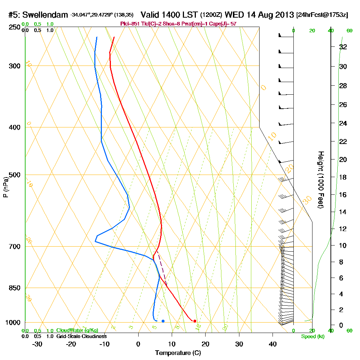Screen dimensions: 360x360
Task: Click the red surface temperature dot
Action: tap(195, 321)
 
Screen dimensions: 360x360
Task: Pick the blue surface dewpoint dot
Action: tap(163, 321)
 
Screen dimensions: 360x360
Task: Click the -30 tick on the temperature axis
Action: tap(37, 344)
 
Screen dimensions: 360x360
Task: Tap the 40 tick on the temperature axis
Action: tap(273, 344)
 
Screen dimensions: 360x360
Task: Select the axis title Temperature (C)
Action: tap(177, 353)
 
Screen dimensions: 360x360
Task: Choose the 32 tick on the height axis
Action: tap(343, 47)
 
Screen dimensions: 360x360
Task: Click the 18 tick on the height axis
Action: tap(343, 177)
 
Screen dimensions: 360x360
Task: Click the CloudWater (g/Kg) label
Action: tap(77, 330)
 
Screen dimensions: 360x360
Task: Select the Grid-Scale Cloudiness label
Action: tap(81, 336)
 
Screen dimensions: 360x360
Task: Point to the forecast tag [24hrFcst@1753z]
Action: tap(322, 15)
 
